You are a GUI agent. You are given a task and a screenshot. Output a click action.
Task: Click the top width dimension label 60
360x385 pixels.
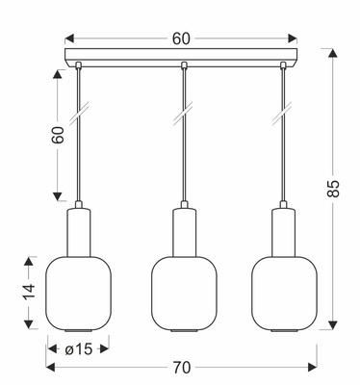coord(181,38)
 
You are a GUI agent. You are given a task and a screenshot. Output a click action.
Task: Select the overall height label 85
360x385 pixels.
coord(334,190)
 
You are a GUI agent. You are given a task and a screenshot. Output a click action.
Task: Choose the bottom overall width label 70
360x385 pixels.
coord(181,367)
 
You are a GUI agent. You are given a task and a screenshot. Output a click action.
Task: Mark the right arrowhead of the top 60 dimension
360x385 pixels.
coord(293,38)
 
